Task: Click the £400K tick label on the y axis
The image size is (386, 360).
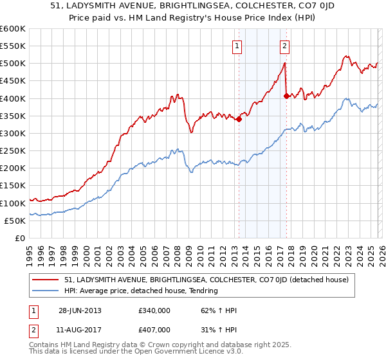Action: pos(13,98)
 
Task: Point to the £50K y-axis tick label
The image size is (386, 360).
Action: pos(15,221)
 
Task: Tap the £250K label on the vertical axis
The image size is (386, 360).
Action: pos(13,150)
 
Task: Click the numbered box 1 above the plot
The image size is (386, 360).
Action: pos(238,46)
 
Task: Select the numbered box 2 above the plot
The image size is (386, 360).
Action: pos(284,46)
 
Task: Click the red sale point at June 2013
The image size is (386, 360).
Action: pos(239,119)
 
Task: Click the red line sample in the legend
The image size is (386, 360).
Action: pos(46,280)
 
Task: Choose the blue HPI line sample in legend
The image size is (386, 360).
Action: pos(46,291)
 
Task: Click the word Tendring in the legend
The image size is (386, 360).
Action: pos(204,291)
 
